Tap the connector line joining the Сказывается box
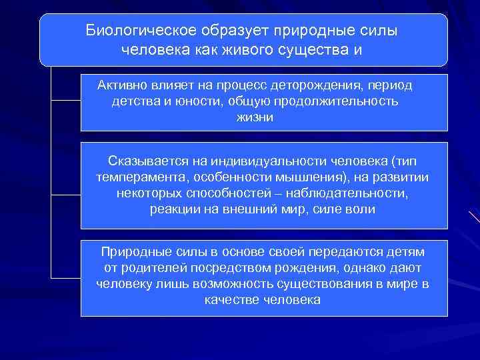(x=65, y=194)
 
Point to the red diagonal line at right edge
(x=474, y=217)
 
